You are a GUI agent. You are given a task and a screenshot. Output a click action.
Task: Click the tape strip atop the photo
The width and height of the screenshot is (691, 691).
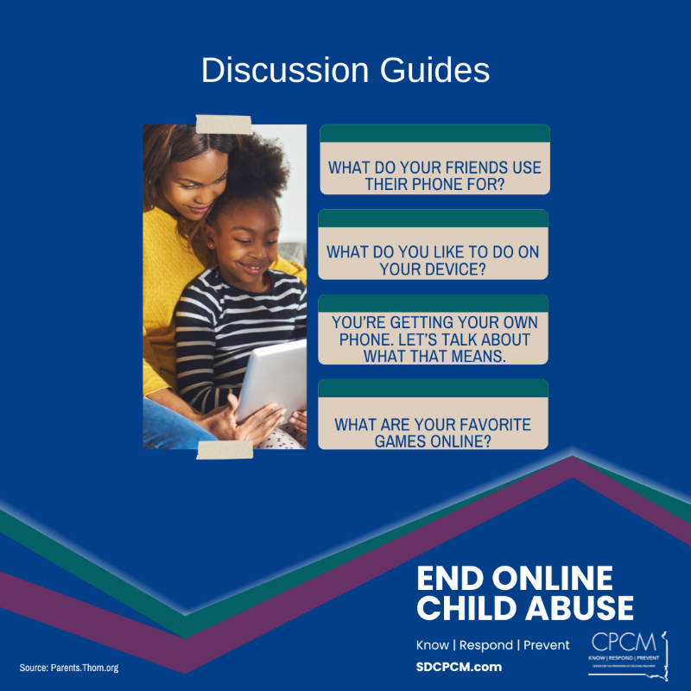[x=224, y=124]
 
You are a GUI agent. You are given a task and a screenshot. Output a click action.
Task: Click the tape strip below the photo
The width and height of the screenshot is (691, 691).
[x=225, y=449]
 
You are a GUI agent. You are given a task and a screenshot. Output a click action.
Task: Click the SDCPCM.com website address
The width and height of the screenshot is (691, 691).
[x=458, y=668]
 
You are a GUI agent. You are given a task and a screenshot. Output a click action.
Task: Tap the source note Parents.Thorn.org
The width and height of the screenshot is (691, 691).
[x=68, y=668]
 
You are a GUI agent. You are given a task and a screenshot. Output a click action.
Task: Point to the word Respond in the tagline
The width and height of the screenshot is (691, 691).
[x=486, y=645]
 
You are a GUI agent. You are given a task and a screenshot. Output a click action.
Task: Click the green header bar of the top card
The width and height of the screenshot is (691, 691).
[x=434, y=133]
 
